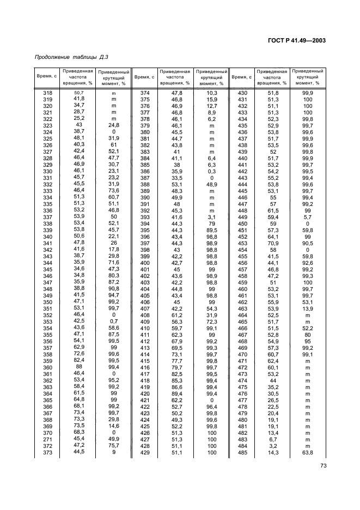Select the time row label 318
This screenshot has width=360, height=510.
coord(47,94)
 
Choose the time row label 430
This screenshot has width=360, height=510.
coord(242,94)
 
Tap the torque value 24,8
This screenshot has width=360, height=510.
coord(114,125)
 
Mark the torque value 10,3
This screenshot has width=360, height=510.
coord(212,94)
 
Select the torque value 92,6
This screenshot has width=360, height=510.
coord(308,263)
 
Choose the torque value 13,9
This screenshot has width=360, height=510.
coord(308,308)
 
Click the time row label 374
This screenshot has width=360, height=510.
coord(145,94)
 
